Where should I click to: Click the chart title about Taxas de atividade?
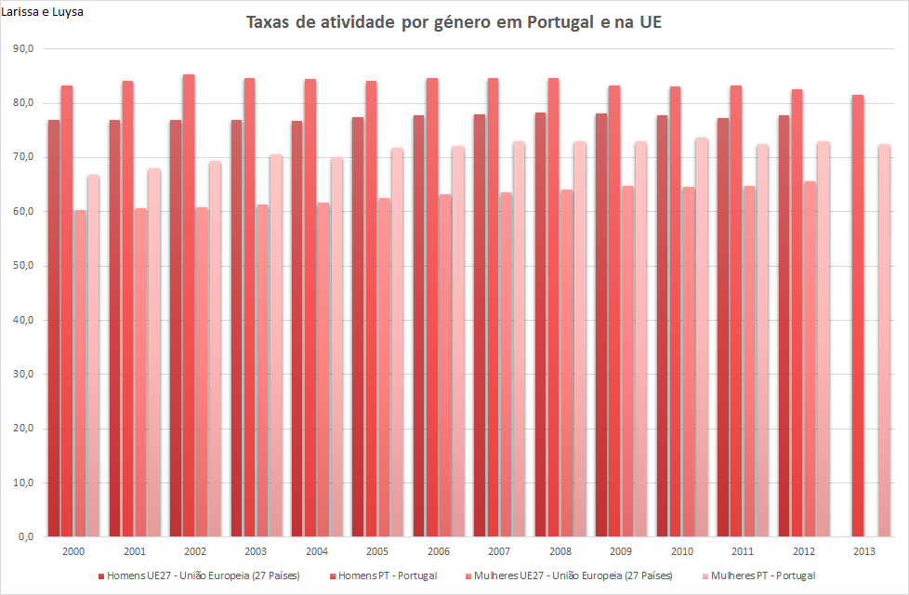click(x=454, y=22)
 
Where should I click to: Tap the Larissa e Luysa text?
click(x=42, y=12)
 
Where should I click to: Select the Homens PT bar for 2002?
click(x=189, y=307)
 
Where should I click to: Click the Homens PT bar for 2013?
click(x=858, y=316)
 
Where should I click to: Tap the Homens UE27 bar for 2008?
click(x=540, y=324)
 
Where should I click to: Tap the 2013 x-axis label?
click(x=863, y=551)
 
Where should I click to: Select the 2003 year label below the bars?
click(x=257, y=551)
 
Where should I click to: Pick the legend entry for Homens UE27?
click(x=199, y=575)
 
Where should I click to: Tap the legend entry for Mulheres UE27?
click(x=567, y=575)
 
